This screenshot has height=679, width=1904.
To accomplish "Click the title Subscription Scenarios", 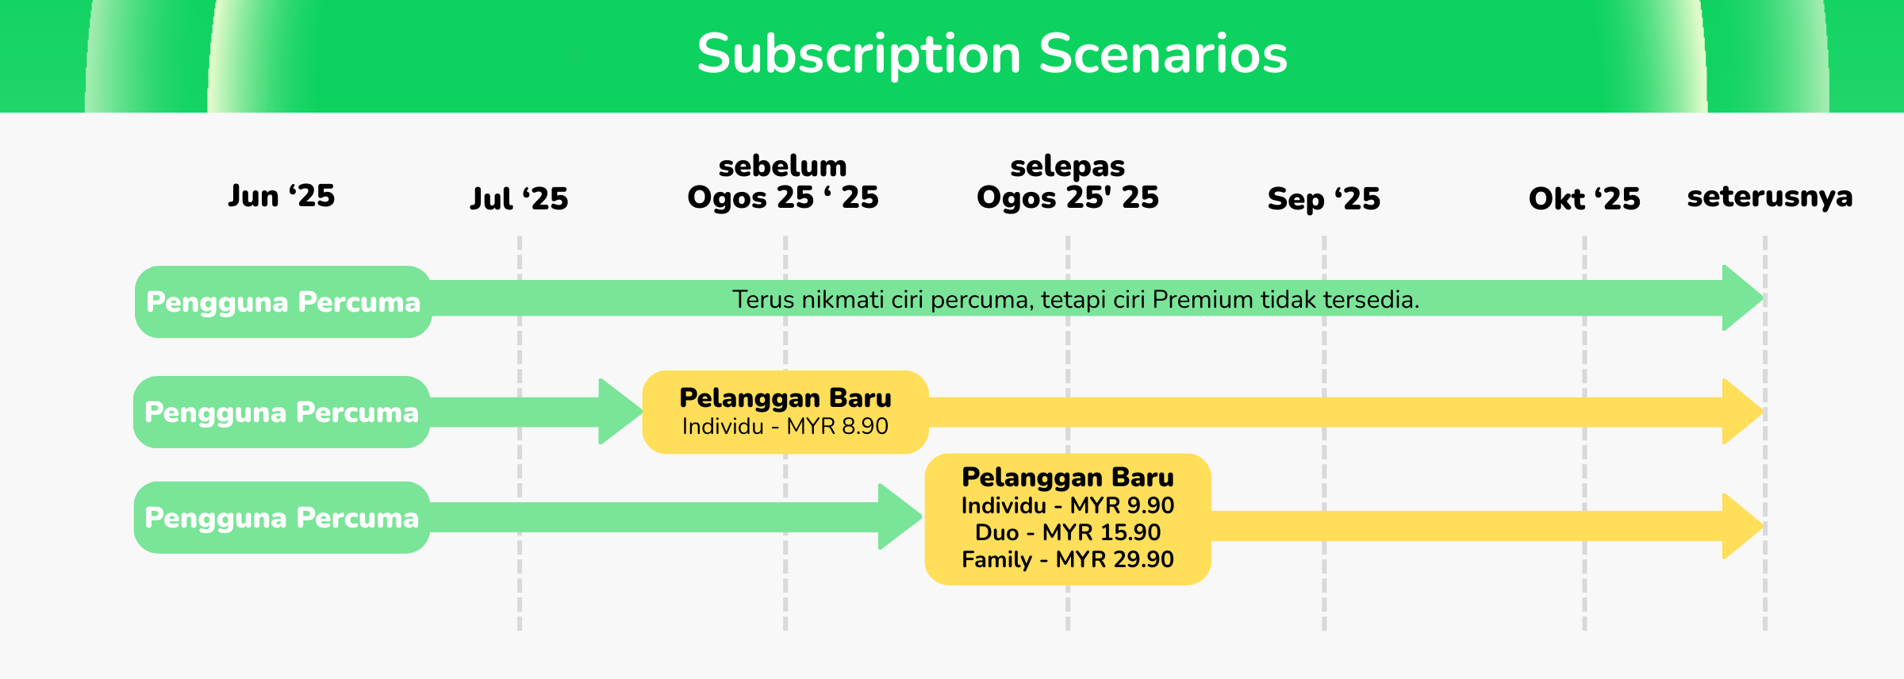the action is point(992,55).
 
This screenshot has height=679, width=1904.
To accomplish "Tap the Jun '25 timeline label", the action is point(282,196).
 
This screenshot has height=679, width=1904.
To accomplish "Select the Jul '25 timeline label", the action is point(520,198).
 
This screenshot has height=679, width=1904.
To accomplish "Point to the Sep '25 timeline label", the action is point(1324,198).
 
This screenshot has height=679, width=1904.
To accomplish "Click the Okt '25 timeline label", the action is point(1584,198).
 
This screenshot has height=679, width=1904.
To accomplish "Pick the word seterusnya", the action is point(1770,197).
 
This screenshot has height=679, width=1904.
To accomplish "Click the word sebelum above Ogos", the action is point(783,166).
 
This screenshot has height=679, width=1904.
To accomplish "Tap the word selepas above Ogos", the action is point(1068,167).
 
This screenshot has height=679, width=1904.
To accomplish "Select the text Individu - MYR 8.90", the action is point(785,427).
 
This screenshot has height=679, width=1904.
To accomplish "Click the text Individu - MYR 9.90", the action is point(1068,505).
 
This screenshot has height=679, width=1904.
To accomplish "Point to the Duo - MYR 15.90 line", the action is point(1068,532).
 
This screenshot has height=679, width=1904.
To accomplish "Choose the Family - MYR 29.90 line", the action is point(1068,559).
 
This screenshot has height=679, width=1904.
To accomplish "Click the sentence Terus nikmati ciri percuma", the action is point(1076,300).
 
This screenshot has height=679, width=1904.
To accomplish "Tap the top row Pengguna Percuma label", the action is point(283,302).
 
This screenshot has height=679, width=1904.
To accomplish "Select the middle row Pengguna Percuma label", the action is point(282,412).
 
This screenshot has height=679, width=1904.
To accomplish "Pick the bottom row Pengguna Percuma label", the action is point(282,518).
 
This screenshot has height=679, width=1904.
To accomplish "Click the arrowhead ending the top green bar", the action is point(1743,298).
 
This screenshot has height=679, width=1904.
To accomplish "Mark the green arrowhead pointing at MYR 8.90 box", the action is point(620,411).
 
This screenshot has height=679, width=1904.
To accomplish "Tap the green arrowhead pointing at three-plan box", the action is point(900,516).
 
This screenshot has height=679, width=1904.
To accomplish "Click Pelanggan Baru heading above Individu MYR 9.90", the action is point(1068,478).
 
